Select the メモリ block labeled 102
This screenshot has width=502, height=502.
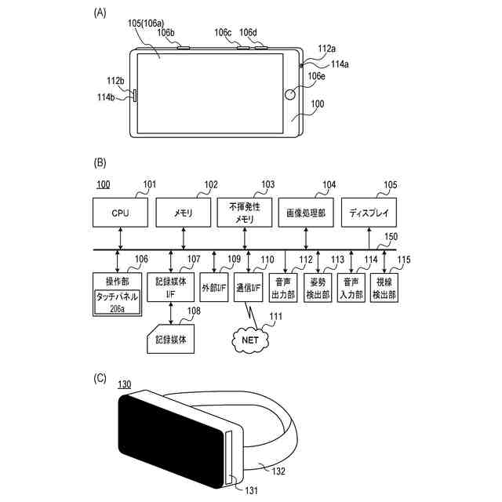pos(184,211)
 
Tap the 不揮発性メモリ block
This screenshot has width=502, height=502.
pos(246,211)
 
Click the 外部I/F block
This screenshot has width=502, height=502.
pos(214,288)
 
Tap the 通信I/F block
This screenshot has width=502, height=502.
pos(249,288)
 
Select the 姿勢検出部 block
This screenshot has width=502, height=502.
pos(318,288)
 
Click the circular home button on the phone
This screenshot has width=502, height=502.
pos(290,97)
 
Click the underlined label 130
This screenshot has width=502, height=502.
pos(124,384)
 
